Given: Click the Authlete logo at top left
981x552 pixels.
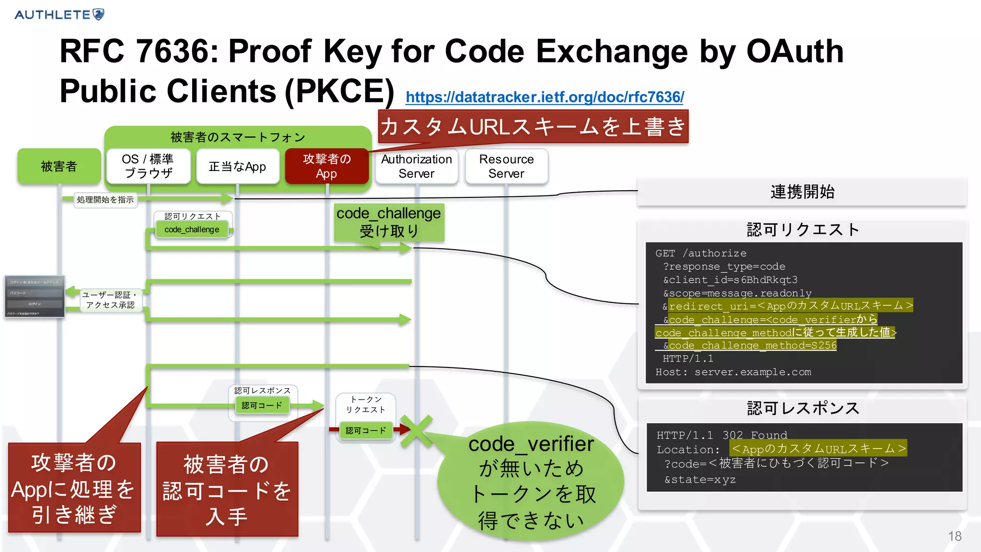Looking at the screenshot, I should (59, 14).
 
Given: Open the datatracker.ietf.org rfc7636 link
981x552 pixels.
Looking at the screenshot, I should (545, 97).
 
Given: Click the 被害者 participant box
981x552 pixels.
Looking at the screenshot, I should (59, 166).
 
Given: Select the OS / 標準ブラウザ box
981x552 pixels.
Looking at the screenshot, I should (148, 166).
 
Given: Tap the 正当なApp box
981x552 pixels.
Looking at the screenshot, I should (238, 166).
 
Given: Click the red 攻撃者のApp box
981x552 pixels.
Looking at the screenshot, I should (327, 166).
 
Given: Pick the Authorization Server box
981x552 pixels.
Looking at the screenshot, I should (416, 166).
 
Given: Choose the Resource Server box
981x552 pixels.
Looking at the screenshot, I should (506, 166).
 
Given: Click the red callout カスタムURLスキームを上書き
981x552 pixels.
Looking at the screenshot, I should (533, 127).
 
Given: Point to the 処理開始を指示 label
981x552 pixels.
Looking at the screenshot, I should (105, 200).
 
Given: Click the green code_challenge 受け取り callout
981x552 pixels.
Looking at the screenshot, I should (388, 222).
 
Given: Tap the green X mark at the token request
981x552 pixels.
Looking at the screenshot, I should (416, 431).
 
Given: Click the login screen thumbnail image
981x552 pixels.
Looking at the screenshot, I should (34, 297).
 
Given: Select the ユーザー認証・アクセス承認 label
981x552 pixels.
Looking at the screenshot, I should (110, 300).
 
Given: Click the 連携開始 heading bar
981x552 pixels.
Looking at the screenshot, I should (802, 192).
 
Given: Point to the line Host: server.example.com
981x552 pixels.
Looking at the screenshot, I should (733, 372).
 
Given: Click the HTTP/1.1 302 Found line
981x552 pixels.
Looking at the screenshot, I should (721, 435).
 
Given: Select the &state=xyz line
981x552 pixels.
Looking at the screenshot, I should (700, 479).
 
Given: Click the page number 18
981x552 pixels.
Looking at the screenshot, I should (954, 536).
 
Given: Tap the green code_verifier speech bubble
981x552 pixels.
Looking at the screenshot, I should (531, 482).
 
